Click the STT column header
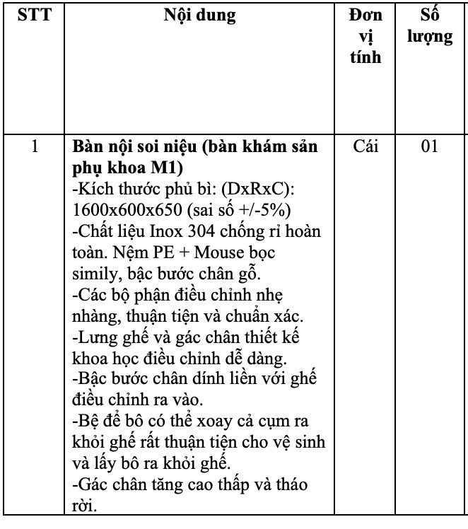coord(35,15)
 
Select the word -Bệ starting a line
coord(86,421)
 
